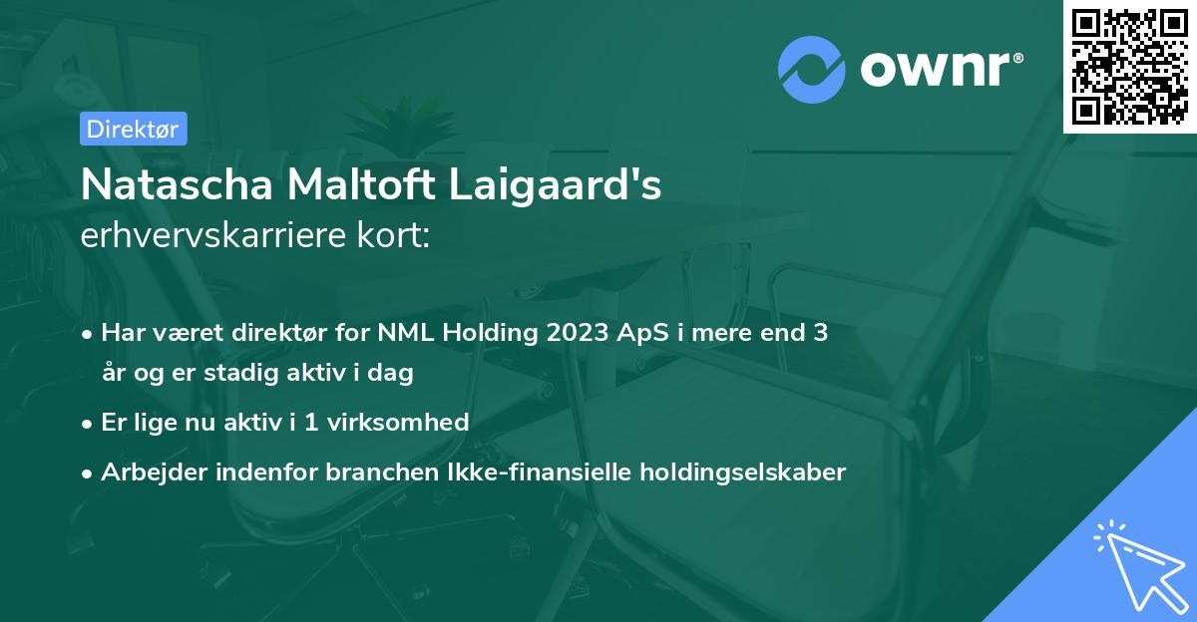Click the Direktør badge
click(x=133, y=129)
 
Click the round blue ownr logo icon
click(x=811, y=69)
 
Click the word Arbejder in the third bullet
click(x=149, y=471)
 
